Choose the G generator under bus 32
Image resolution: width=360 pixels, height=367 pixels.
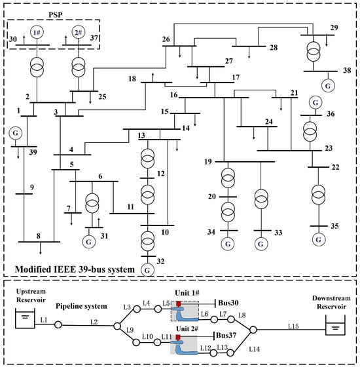(147, 269)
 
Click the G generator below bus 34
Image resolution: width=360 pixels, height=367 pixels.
(228, 244)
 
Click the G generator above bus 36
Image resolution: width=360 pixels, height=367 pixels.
(315, 102)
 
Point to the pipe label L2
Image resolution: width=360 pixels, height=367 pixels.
(94, 321)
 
